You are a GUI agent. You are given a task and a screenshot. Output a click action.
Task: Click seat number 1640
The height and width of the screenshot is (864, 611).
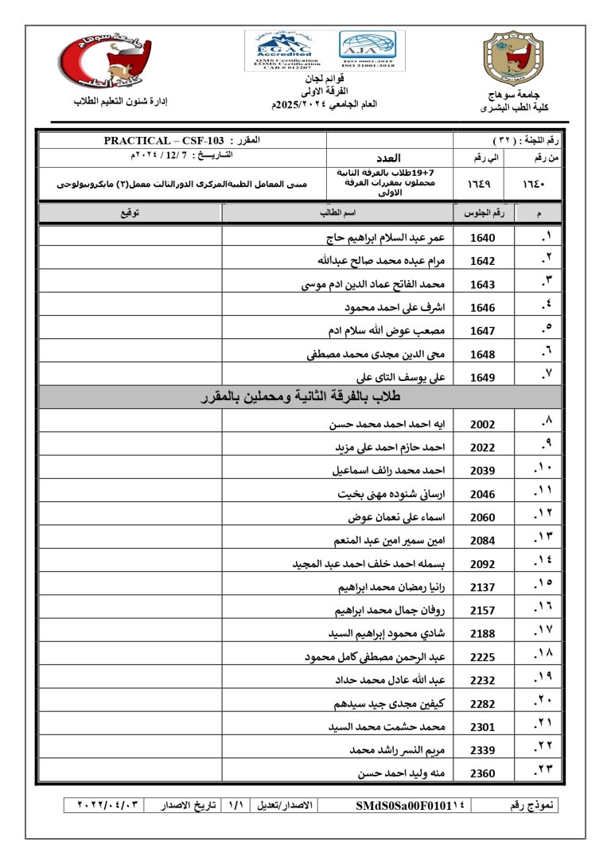[x=482, y=238]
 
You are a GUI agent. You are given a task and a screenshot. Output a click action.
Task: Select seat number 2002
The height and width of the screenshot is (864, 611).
[x=482, y=425]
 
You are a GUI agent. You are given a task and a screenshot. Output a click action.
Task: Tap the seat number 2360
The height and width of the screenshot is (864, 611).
[x=482, y=773]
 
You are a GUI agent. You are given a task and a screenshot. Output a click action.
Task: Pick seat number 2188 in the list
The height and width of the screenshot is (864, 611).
[x=482, y=634]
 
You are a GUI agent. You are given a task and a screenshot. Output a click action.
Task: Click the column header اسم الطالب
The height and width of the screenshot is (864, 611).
[x=337, y=212]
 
